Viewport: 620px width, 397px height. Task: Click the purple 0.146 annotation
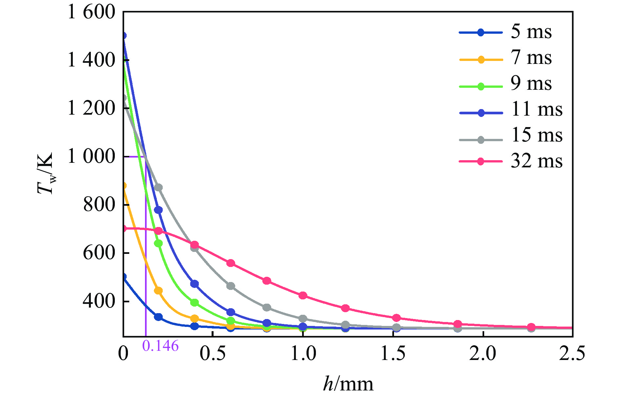(160, 346)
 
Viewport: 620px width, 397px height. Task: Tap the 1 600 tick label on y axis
(92, 12)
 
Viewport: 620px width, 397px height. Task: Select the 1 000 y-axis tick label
(92, 157)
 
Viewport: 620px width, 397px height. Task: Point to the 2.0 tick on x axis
(483, 354)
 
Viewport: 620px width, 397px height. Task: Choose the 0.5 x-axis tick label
(213, 354)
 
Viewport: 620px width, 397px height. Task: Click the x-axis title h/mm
(348, 384)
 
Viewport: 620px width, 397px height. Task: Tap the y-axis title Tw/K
(45, 174)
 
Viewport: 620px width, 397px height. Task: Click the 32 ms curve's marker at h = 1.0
(303, 296)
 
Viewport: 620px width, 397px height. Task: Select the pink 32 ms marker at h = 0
(124, 228)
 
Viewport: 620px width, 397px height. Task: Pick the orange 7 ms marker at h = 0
(124, 186)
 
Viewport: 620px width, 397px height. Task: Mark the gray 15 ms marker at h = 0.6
(231, 286)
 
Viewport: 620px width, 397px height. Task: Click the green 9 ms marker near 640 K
(158, 243)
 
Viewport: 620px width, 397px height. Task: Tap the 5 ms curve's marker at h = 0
(124, 276)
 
